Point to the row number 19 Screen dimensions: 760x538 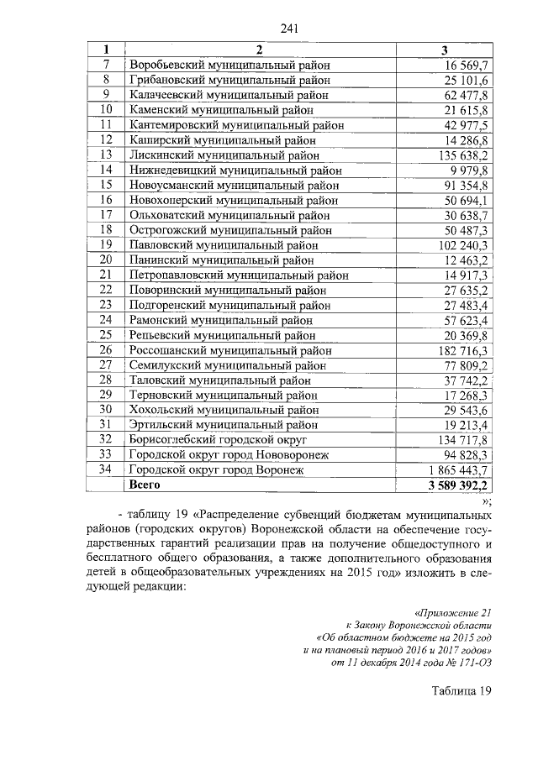pyautogui.click(x=106, y=244)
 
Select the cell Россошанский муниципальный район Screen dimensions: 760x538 pyautogui.click(x=229, y=349)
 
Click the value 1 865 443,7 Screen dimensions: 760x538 pyautogui.click(x=459, y=469)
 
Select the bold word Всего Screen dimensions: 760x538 pyautogui.click(x=144, y=485)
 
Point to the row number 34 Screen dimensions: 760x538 pyautogui.click(x=106, y=469)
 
